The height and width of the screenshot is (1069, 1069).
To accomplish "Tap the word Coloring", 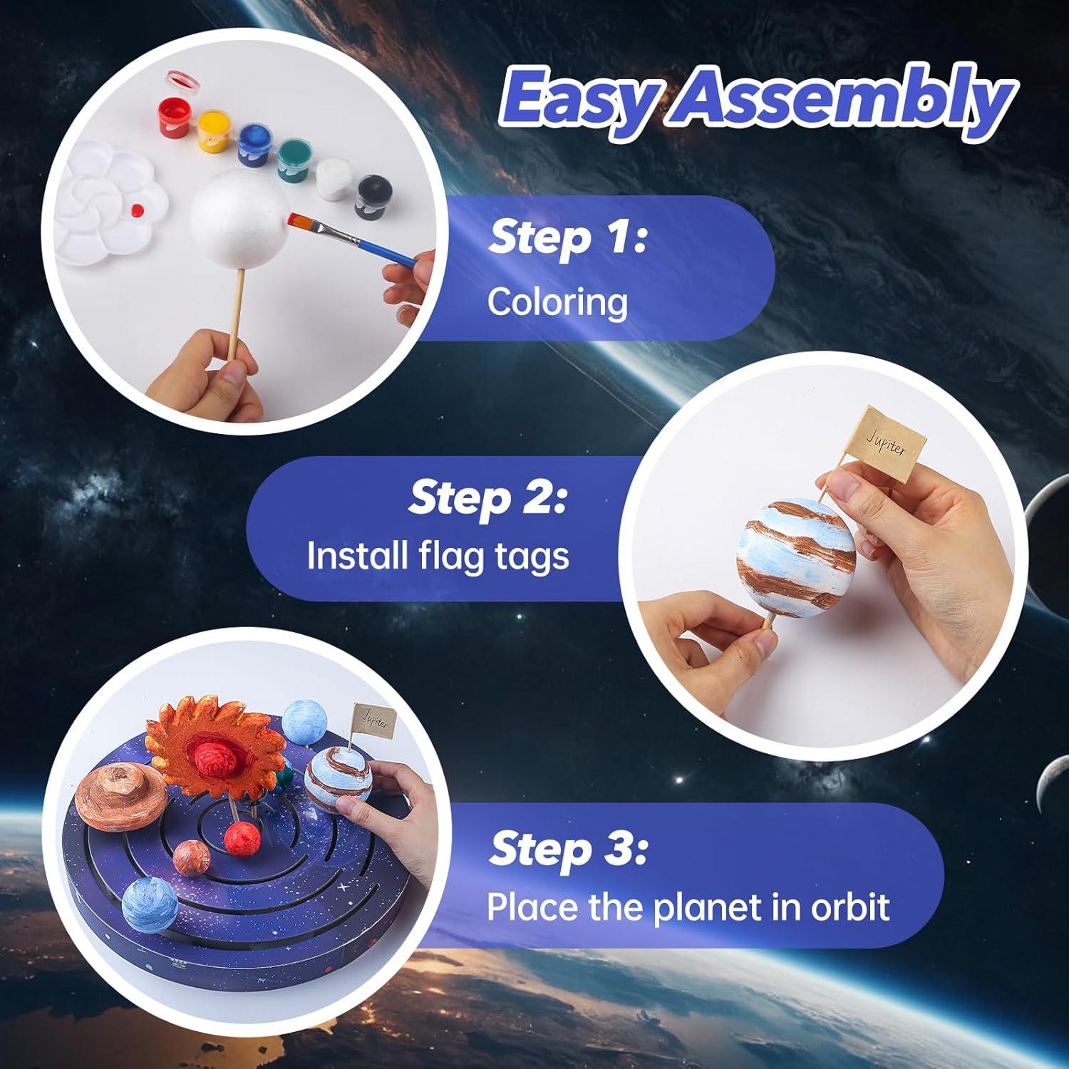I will click(557, 302).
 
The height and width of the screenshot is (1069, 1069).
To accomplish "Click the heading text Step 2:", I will click(487, 498).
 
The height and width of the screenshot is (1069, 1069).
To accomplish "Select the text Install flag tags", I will click(438, 556).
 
